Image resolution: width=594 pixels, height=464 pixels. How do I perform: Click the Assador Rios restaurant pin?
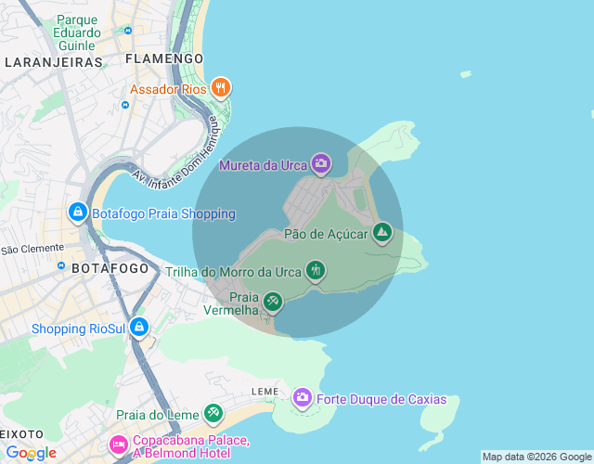pos(220,88)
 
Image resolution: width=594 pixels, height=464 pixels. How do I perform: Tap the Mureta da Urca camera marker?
pos(321,165)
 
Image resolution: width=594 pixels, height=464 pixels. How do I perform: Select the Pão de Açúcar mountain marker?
pos(381,232)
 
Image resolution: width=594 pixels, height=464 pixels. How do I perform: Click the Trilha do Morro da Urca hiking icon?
pos(316,271)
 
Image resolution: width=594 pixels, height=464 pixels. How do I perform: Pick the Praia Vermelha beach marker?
pos(272,301)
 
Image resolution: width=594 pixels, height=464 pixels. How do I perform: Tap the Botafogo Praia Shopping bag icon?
pos(78,213)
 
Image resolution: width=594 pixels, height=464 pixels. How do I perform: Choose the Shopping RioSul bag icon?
pos(138,328)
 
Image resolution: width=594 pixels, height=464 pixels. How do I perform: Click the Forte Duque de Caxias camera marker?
pos(302,398)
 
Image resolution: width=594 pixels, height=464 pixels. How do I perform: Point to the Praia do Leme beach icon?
pos(213,411)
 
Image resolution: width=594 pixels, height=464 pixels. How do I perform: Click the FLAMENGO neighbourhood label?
pos(163,58)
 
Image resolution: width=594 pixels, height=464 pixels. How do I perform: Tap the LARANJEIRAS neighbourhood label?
pos(53,62)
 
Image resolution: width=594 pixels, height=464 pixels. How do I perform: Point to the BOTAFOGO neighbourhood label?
pos(110,268)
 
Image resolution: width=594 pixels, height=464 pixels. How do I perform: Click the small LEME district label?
pos(265,392)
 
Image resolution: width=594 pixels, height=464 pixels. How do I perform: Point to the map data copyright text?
pos(536,457)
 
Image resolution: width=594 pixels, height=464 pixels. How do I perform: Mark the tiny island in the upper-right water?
pos(465,73)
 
